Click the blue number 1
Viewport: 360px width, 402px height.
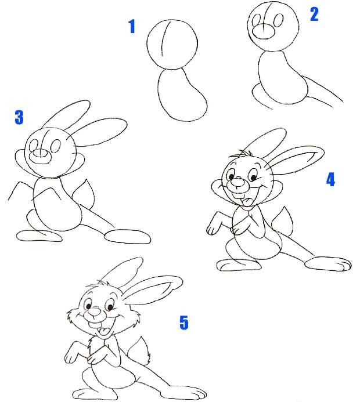point(132,27)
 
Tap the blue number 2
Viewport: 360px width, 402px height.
point(314,15)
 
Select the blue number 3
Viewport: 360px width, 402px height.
point(19,117)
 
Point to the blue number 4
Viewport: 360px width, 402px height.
point(330,179)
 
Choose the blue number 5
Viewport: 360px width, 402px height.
point(183,323)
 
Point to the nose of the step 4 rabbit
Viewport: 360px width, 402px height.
point(236,183)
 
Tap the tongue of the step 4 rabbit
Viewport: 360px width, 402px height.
point(247,201)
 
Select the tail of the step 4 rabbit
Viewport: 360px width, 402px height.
point(282,221)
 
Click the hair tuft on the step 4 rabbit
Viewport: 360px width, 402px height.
point(240,154)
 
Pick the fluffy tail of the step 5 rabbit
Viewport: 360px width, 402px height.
point(140,351)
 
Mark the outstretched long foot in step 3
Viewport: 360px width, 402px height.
point(128,236)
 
